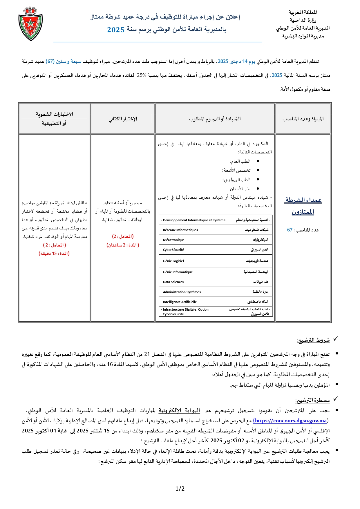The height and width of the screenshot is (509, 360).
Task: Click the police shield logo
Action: pos(30,23)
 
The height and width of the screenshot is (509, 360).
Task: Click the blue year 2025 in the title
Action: pos(116,30)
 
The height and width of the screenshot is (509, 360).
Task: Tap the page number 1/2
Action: pos(180,488)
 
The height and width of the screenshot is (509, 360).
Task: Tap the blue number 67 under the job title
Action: pos(290,230)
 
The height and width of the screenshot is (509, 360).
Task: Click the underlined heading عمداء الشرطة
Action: pos(303,200)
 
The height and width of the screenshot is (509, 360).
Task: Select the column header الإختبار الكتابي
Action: pos(123,119)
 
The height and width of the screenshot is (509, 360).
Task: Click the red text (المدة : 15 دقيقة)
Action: pos(54,253)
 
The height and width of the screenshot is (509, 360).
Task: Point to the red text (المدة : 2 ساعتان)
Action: pos(123,245)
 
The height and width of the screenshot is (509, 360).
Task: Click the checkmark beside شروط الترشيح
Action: pos(335,339)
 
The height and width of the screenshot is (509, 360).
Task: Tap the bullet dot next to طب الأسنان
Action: pos(258,189)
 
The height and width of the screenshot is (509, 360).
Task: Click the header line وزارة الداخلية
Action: pos(303,20)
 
